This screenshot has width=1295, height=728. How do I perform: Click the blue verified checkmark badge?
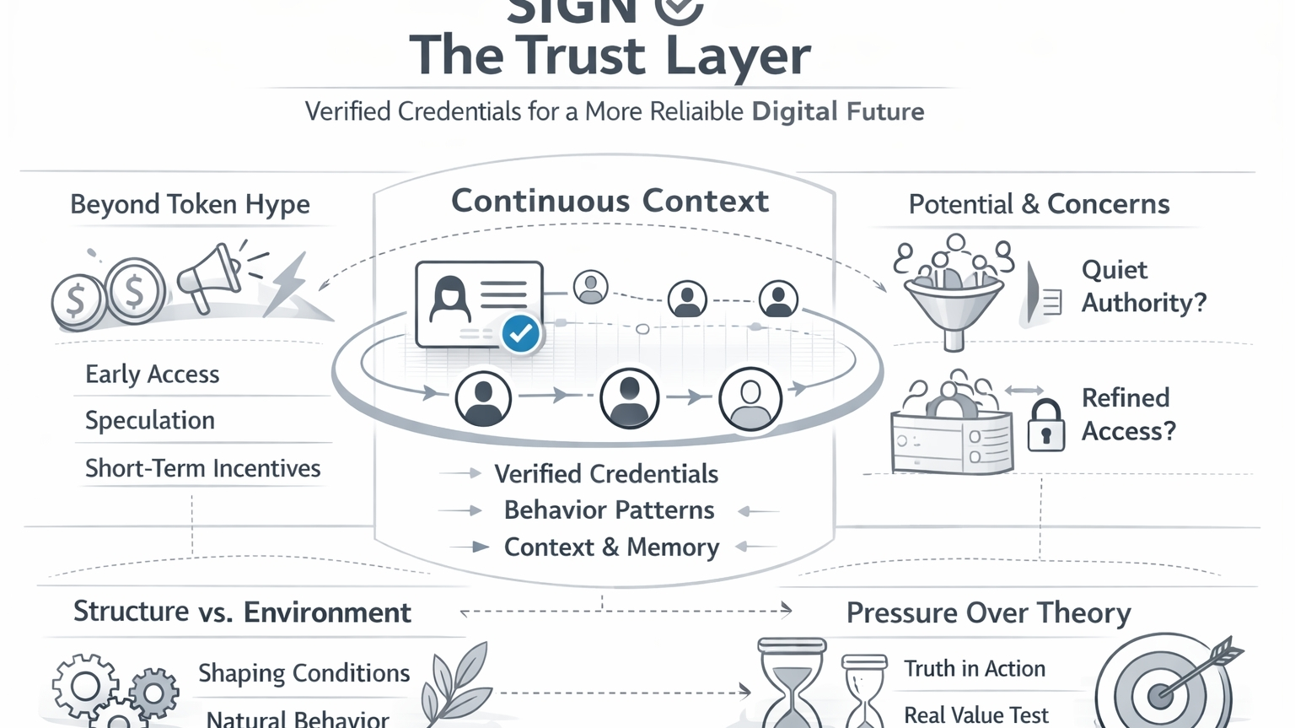tap(520, 334)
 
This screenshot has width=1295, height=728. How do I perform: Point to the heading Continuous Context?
tap(610, 202)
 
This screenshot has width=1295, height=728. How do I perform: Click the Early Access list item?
tap(152, 375)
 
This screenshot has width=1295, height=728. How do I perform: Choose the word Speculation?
tap(150, 420)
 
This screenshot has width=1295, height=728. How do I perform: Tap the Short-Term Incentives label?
tap(202, 468)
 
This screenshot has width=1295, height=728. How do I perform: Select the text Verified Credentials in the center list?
tap(605, 474)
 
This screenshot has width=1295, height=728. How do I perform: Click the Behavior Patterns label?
tap(609, 510)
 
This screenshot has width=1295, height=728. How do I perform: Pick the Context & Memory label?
tap(611, 547)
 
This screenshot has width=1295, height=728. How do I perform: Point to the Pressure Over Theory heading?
tap(988, 613)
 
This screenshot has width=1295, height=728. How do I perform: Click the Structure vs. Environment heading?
tap(242, 612)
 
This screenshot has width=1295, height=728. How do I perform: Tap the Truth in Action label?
tap(974, 669)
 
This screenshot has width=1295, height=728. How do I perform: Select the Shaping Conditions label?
tap(304, 673)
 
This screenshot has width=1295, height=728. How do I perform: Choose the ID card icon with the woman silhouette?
tap(477, 304)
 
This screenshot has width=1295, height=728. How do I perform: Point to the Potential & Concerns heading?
tap(1039, 204)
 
